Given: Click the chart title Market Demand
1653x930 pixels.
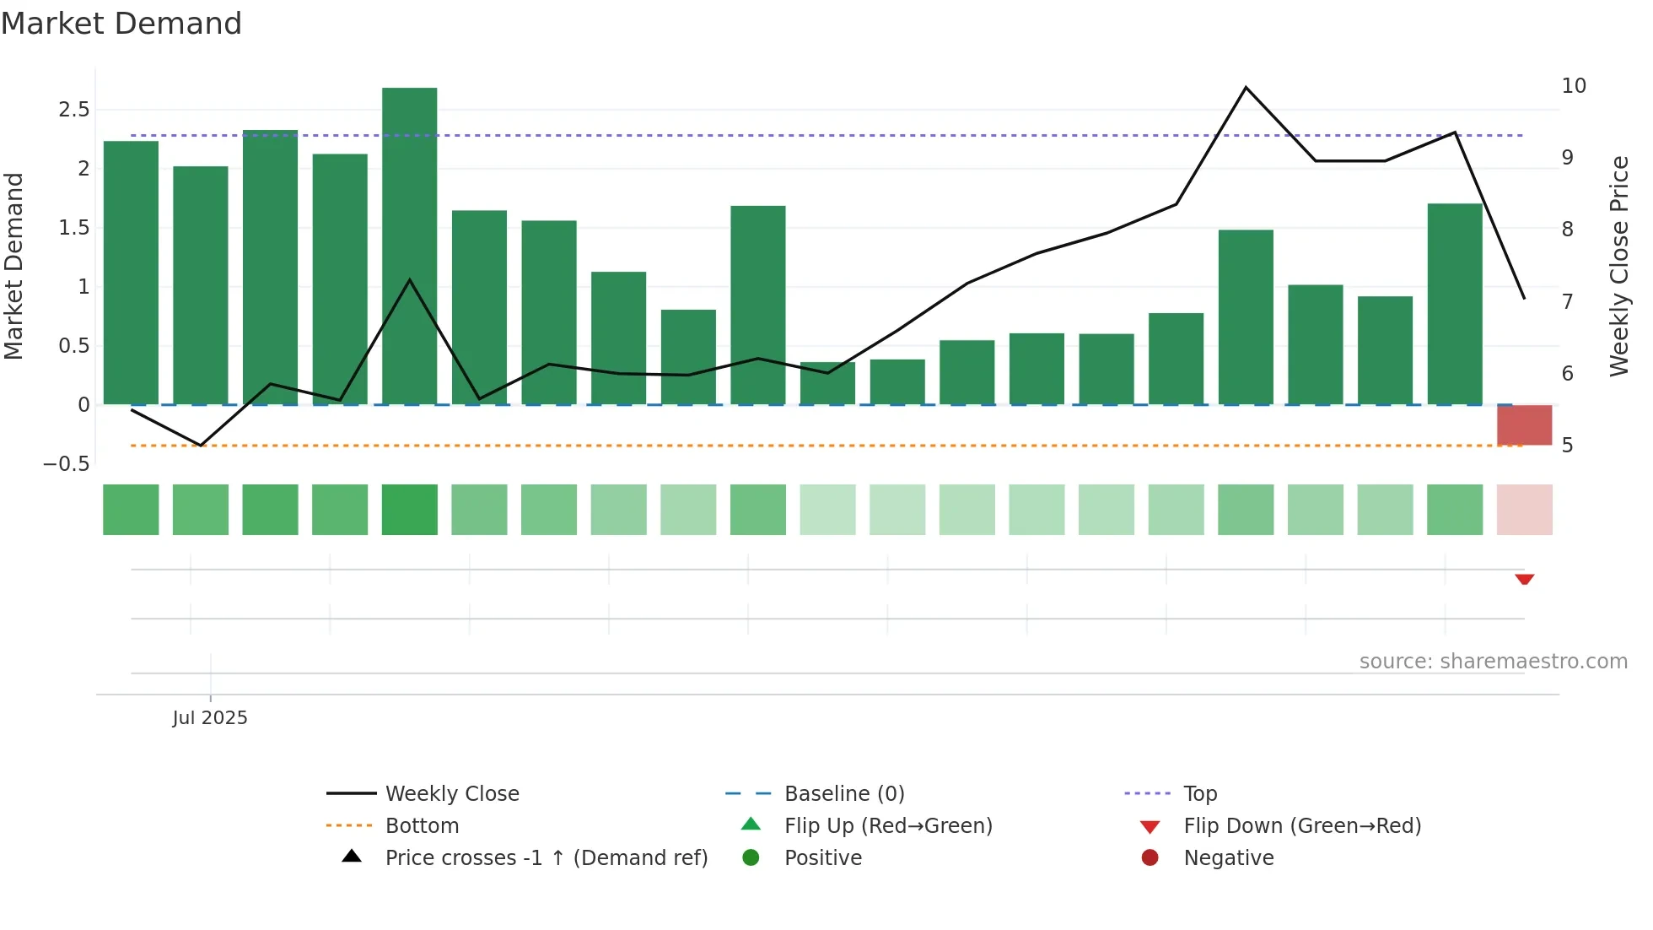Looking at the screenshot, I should click(121, 24).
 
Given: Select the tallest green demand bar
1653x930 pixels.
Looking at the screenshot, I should click(410, 245).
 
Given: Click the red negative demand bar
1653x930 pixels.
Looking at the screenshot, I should click(1524, 424).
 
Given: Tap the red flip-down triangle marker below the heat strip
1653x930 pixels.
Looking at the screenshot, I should click(1524, 579).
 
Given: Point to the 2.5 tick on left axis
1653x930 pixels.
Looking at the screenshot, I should click(73, 110).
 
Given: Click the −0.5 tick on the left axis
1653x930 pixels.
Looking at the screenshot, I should click(67, 464).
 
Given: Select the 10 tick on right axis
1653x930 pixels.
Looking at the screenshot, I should click(1574, 86).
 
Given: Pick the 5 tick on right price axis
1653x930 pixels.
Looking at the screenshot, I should click(1567, 446).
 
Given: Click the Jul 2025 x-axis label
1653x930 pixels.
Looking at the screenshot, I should click(210, 718).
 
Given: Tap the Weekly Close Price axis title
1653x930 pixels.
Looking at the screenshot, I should click(1619, 266).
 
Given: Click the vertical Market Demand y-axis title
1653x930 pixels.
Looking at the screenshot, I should click(13, 266).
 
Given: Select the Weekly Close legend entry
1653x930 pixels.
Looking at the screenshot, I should click(452, 794).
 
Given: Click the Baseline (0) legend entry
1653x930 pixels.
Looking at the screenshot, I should click(844, 794).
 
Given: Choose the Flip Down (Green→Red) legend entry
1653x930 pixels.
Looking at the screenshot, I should click(1302, 826).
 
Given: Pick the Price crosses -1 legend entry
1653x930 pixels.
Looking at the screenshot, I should click(546, 858).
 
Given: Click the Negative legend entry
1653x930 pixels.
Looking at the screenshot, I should click(1228, 858).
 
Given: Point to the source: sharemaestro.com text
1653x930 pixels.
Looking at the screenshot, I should click(1493, 662).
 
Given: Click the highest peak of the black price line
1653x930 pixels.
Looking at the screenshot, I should click(1246, 88).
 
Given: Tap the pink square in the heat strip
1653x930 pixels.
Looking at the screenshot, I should click(1524, 510).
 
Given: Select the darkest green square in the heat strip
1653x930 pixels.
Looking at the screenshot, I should click(410, 510).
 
